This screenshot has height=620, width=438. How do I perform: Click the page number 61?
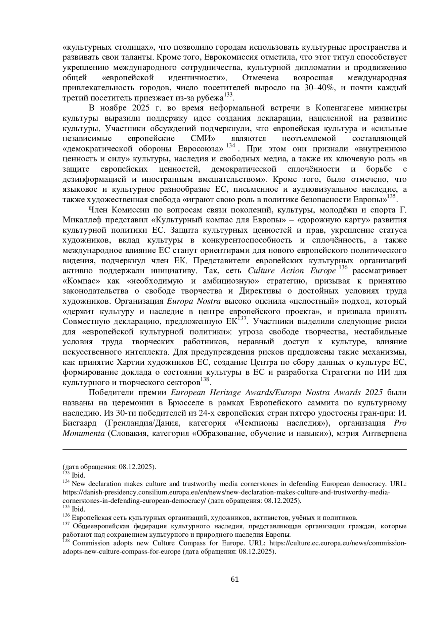(235, 579)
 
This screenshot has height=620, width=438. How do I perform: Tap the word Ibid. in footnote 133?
(78, 475)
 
